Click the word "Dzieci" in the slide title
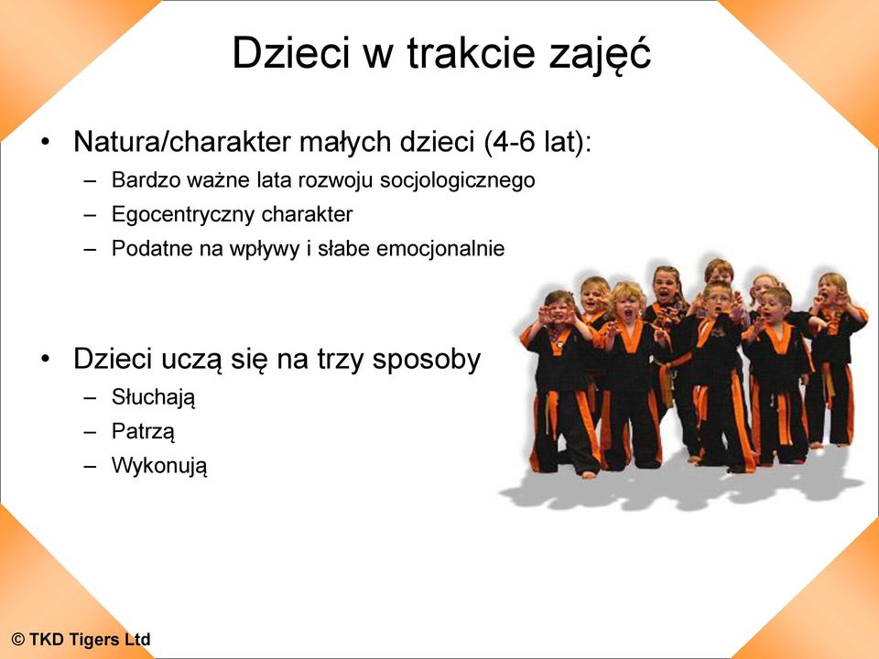tap(291, 52)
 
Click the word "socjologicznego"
tap(458, 180)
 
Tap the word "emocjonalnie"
tap(440, 248)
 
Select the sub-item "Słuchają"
tap(154, 397)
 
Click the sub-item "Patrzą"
tap(143, 431)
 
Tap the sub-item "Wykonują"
tap(159, 466)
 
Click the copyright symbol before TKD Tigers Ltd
tap(18, 640)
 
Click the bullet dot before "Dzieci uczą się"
tap(46, 359)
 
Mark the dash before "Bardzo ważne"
tap(90, 181)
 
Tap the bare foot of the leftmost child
tap(588, 474)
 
